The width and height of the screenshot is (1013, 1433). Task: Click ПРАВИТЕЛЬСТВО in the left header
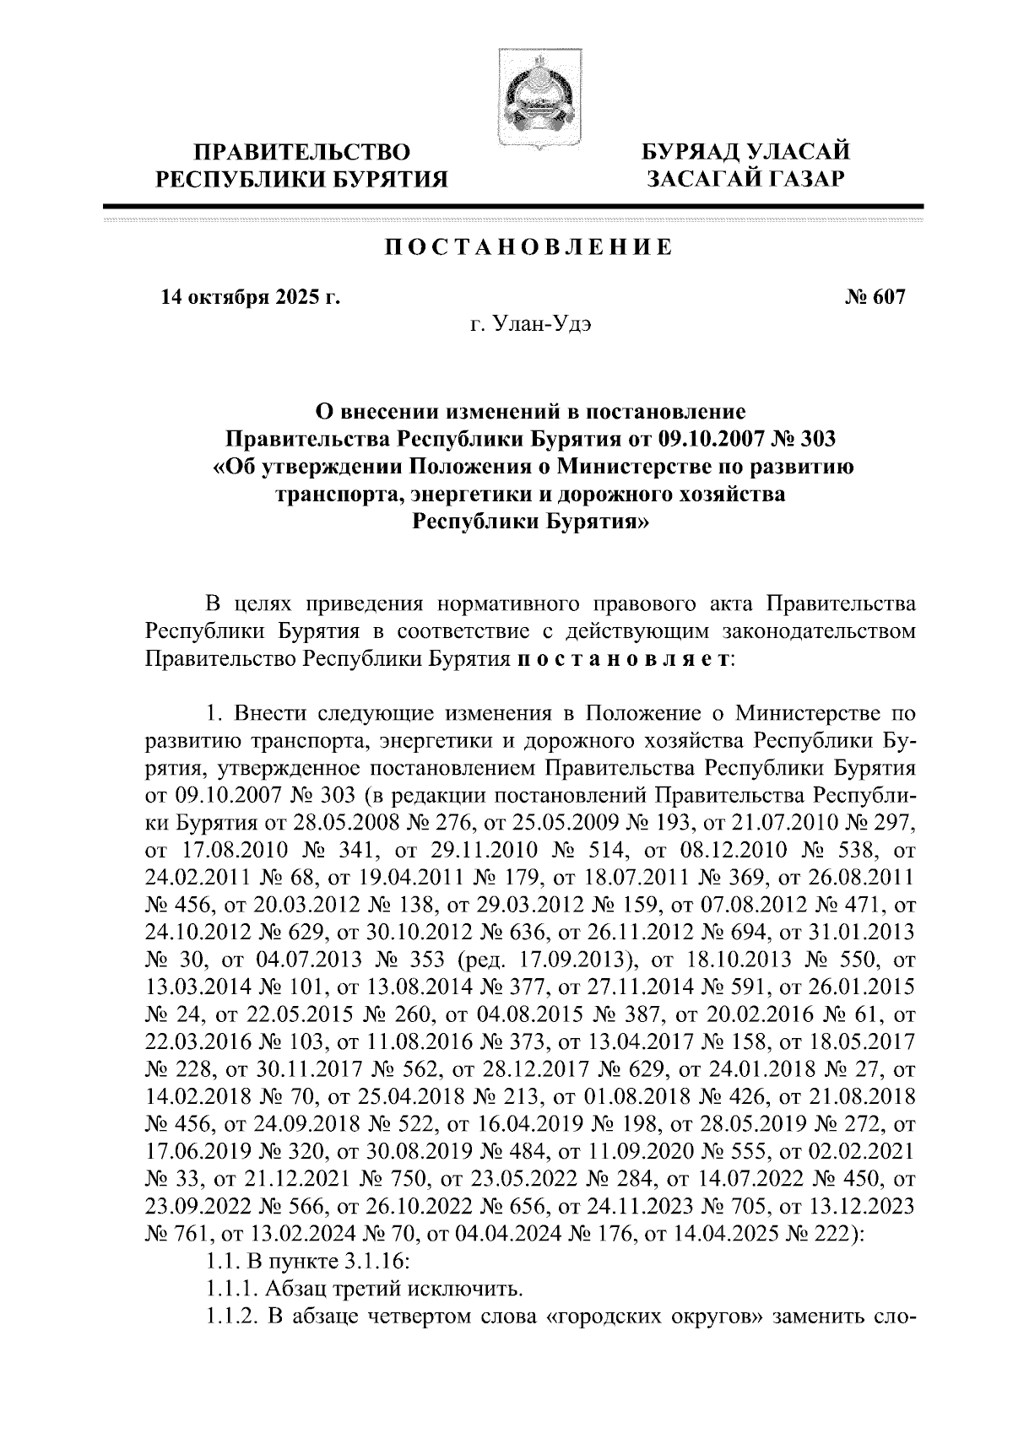coord(303,152)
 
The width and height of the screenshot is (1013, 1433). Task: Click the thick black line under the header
coord(512,206)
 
